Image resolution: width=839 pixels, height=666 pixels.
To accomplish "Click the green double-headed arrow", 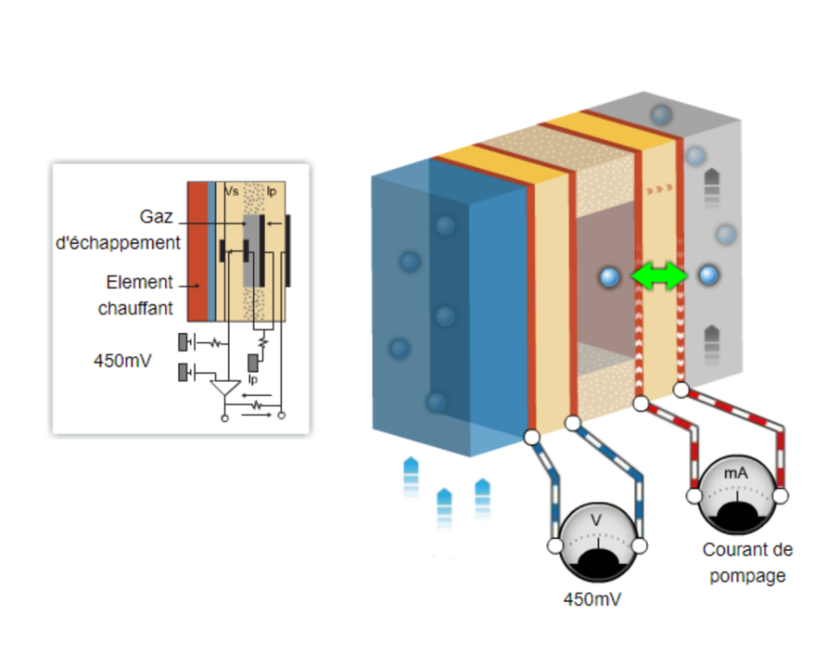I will tap(658, 276).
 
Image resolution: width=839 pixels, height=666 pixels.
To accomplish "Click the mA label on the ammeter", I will tap(736, 472).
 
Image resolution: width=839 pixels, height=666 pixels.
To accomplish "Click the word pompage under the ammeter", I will tap(748, 576).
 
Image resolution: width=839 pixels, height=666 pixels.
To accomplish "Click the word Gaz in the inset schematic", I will tap(158, 216).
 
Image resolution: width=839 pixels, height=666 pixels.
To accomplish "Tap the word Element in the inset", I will tap(139, 282).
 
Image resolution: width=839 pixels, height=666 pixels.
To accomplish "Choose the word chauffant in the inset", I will tap(136, 308).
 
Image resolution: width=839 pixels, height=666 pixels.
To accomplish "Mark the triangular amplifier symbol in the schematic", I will tap(223, 388).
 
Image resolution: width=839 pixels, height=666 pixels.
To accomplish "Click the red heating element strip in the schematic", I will tap(197, 249).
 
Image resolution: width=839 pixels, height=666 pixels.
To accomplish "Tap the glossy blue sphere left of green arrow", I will tap(608, 277).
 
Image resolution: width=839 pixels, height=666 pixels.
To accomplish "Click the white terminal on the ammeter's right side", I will tap(781, 497).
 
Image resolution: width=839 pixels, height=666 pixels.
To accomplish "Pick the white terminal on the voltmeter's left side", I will tap(555, 546).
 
